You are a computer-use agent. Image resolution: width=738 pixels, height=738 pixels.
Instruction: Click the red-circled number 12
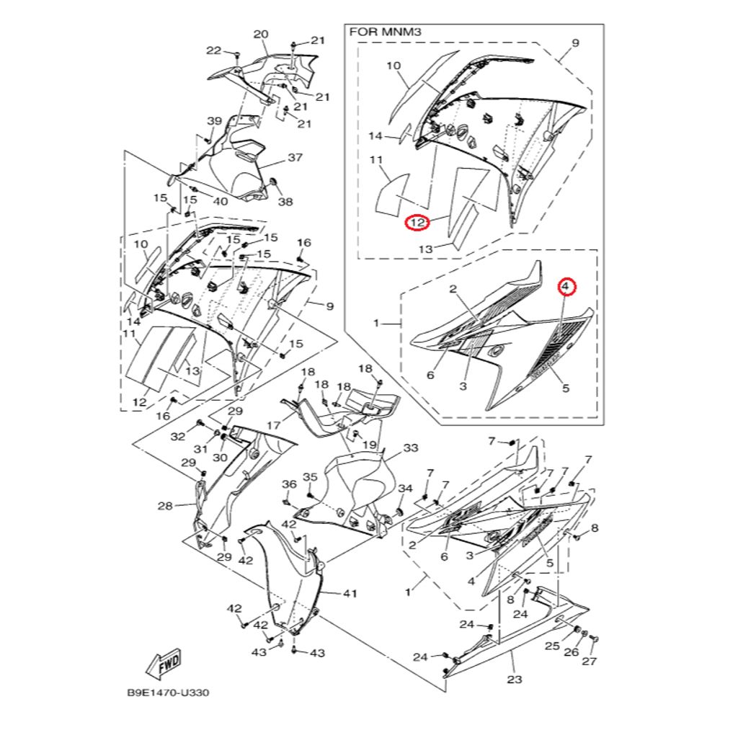417,223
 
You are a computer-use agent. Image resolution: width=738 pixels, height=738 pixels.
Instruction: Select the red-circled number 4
566,287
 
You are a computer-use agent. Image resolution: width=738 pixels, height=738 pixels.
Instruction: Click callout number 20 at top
261,35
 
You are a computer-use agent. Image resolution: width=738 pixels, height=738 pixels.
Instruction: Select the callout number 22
214,50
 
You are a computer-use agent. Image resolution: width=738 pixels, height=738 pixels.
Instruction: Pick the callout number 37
295,157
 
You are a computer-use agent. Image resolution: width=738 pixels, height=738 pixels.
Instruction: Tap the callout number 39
215,120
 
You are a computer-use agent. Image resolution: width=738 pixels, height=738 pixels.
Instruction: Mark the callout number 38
285,202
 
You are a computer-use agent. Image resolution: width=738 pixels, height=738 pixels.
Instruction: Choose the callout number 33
410,448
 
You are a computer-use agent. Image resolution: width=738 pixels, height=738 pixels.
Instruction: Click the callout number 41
350,594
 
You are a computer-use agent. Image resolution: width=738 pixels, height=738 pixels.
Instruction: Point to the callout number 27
589,662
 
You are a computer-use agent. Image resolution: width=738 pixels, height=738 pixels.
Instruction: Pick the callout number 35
310,477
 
